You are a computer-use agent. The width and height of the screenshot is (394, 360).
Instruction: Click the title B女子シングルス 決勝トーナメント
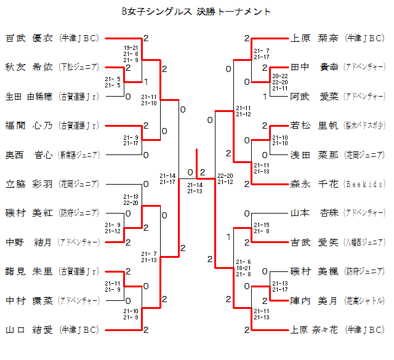pyautogui.click(x=196, y=11)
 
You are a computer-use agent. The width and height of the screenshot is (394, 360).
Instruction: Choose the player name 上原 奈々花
pyautogui.click(x=314, y=330)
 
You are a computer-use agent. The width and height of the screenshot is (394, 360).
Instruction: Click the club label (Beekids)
pyautogui.click(x=364, y=184)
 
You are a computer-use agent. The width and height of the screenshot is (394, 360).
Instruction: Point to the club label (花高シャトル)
pyautogui.click(x=364, y=300)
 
